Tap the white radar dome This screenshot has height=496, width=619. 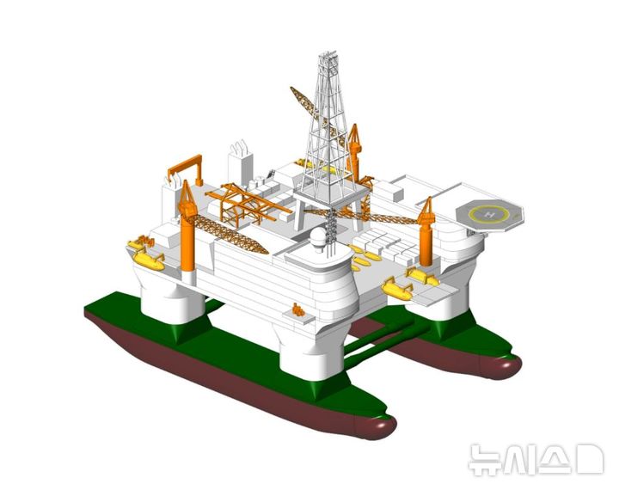(x=319, y=237)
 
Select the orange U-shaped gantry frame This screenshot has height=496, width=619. (x=185, y=169)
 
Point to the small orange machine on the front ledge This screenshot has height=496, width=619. (x=298, y=309)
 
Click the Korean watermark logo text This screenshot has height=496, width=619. (x=536, y=459)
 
